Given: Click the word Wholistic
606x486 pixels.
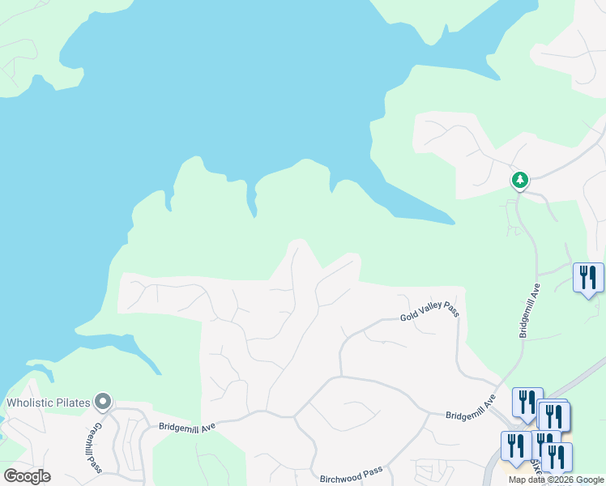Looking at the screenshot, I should point(34,403).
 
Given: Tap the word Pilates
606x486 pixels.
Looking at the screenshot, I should point(77,403).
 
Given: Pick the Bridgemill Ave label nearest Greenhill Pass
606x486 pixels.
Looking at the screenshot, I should point(186,425).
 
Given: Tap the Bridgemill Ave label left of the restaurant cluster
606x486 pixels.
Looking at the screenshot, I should point(471,407).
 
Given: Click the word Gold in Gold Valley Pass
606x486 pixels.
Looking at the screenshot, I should point(410,318).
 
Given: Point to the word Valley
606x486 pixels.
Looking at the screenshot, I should point(429,312).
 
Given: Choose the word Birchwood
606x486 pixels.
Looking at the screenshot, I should point(339,477).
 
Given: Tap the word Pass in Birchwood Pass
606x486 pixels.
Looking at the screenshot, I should point(372,472).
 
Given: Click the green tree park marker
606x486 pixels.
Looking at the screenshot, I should point(519,180).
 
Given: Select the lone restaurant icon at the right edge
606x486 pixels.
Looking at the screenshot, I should point(588,277).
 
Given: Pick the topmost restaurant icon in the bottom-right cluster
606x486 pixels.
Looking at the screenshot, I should point(527,402).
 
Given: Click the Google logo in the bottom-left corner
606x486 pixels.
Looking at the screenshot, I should point(27,476).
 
